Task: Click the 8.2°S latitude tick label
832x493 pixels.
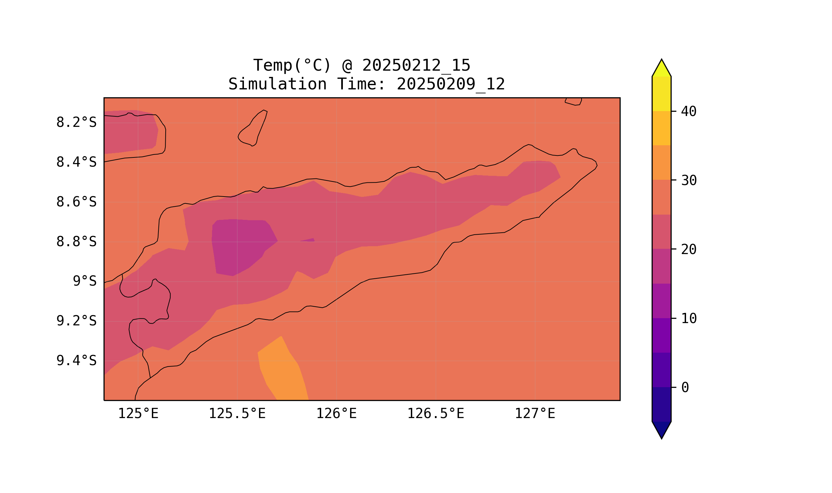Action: point(76,122)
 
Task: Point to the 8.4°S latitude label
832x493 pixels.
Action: point(76,162)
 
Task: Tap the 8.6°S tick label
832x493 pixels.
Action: point(76,202)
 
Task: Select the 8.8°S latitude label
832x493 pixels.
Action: point(76,242)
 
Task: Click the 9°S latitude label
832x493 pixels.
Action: point(84,281)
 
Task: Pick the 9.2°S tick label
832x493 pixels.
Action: point(76,321)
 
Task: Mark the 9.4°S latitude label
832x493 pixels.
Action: point(76,361)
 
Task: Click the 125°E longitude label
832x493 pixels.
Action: point(138,413)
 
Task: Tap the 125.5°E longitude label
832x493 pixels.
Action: point(237,413)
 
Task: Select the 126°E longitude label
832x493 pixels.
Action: point(336,413)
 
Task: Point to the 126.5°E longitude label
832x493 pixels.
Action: point(435,413)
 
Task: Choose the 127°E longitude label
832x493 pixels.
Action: point(535,413)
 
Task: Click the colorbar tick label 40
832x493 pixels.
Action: point(688,112)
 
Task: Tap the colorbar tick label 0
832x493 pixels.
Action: point(685,387)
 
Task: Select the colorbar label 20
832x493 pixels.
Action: point(688,249)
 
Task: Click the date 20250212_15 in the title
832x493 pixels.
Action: point(416,65)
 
